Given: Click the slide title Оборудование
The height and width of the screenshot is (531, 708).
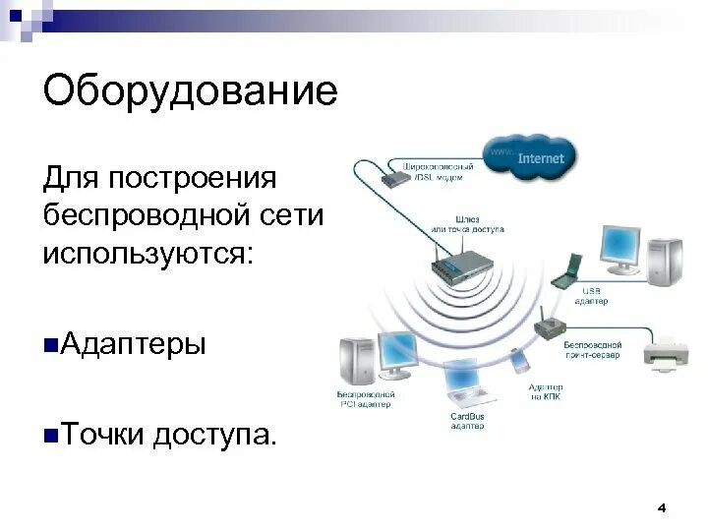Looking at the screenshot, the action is click(190, 94).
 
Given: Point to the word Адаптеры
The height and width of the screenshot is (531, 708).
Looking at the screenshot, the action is click(134, 345).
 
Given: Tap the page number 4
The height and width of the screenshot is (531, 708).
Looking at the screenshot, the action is click(661, 507).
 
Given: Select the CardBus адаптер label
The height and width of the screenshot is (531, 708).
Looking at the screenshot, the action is click(466, 422).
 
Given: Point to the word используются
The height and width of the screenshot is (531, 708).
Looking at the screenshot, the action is click(147, 253).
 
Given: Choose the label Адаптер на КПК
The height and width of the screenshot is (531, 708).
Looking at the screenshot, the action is click(545, 391).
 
